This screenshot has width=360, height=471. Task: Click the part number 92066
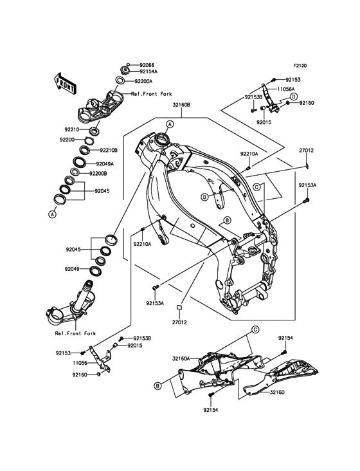coord(147,65)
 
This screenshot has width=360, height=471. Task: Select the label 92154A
coord(148,71)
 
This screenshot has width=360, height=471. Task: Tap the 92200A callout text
coord(143,81)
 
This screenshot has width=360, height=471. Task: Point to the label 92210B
coord(109,150)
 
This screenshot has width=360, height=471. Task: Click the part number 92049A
coord(105,164)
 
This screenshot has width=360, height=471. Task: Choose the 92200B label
coord(98,174)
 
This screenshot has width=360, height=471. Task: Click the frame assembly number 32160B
coord(181,105)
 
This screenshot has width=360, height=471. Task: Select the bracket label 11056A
coord(285,89)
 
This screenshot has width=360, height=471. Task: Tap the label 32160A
coord(181,358)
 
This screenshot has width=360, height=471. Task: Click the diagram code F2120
coord(300,66)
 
